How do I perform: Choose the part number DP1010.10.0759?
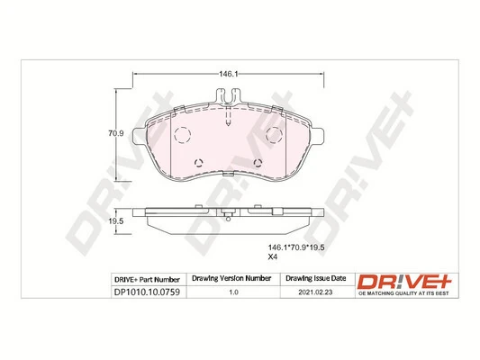coord(148,293)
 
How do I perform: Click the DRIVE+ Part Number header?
coord(148,279)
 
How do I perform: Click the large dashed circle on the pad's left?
coord(181,136)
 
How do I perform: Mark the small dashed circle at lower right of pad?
coord(259,164)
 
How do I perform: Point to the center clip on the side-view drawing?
coord(231,216)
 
